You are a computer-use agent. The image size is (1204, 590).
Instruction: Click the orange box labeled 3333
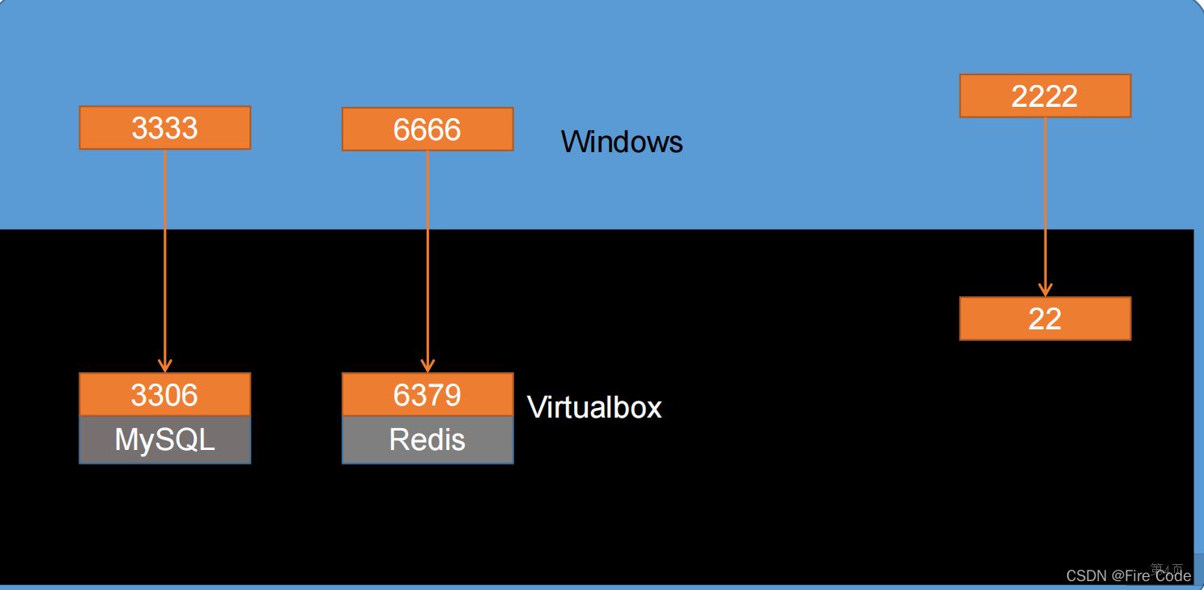tap(165, 128)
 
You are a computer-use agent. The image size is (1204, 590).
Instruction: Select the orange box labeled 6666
tap(428, 129)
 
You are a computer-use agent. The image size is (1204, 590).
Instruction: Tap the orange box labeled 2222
tap(1044, 96)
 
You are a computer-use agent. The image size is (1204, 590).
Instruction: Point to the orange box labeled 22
tap(1044, 318)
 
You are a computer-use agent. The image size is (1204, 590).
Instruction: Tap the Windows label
tap(622, 142)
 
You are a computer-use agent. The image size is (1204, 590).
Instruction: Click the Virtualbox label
tap(594, 407)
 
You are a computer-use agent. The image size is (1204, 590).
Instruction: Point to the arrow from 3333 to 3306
tap(165, 259)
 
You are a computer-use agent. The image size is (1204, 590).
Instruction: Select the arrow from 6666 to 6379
tap(428, 259)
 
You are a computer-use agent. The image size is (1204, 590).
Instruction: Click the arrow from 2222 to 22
tap(1044, 206)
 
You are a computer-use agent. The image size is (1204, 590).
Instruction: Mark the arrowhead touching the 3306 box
tap(165, 367)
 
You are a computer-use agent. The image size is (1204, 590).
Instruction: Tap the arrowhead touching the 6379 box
tap(428, 367)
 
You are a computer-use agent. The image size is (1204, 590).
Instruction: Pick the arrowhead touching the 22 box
tap(1044, 291)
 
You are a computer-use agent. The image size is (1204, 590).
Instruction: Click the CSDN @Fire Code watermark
tap(1128, 575)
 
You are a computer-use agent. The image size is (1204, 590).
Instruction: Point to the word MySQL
tap(165, 440)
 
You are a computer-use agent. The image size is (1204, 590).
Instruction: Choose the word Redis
tap(428, 440)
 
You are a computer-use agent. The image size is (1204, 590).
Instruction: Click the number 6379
tap(428, 395)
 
